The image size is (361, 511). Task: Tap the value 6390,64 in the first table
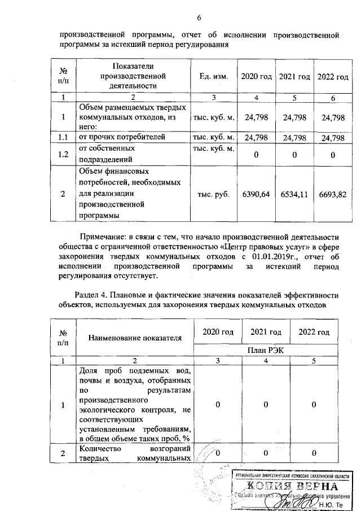(256, 194)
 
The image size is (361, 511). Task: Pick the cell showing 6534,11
(296, 194)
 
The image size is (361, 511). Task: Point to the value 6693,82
(332, 194)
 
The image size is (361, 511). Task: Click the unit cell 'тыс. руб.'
(214, 194)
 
